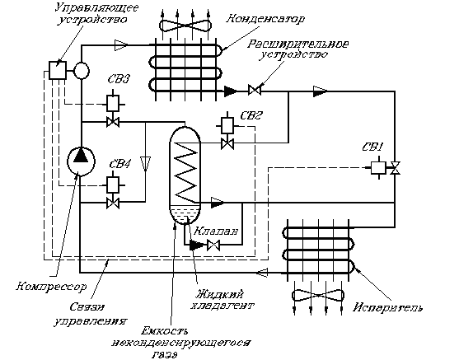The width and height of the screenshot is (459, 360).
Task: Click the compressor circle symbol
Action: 81,161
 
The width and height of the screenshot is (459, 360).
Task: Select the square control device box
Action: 58,70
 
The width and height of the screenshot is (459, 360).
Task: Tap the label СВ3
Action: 119,79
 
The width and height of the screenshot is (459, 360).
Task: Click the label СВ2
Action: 251,115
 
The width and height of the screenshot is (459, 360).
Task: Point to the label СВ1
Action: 372,147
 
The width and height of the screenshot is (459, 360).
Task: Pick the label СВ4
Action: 120,164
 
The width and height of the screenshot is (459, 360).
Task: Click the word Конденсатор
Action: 265,19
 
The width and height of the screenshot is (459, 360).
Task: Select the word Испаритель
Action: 387,307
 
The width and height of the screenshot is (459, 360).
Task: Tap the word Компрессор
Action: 51,286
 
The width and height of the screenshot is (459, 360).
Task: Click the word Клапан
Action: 216,231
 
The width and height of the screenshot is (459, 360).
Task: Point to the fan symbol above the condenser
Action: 185,26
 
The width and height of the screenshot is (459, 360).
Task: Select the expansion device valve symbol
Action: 255,90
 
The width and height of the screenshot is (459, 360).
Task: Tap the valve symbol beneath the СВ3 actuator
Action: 113,122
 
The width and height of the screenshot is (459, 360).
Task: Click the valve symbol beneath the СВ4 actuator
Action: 113,203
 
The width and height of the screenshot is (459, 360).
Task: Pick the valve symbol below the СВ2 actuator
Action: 227,144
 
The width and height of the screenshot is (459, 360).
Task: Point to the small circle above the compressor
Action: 81,71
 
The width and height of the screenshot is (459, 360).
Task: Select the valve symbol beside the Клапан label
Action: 213,245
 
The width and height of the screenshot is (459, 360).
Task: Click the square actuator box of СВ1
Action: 378,168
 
